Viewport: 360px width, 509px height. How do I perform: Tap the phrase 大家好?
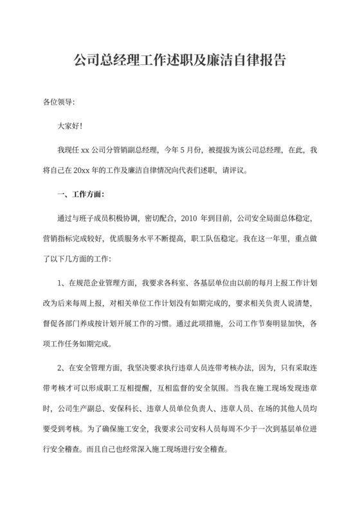(x=69, y=126)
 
